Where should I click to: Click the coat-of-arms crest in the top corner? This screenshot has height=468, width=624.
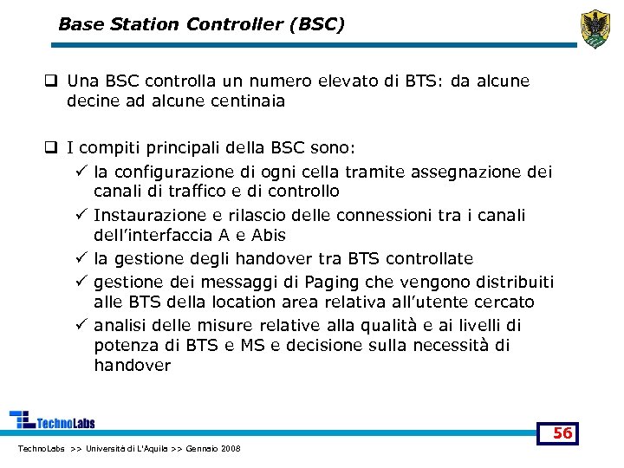pyautogui.click(x=595, y=29)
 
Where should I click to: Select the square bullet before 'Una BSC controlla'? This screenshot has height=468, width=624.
pyautogui.click(x=52, y=81)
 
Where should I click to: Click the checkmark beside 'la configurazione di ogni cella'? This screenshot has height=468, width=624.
pyautogui.click(x=80, y=172)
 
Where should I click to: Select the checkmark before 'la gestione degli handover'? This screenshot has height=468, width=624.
pyautogui.click(x=80, y=258)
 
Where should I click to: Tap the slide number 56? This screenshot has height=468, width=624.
pyautogui.click(x=562, y=432)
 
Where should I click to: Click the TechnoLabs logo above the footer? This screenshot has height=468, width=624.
pyautogui.click(x=53, y=420)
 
